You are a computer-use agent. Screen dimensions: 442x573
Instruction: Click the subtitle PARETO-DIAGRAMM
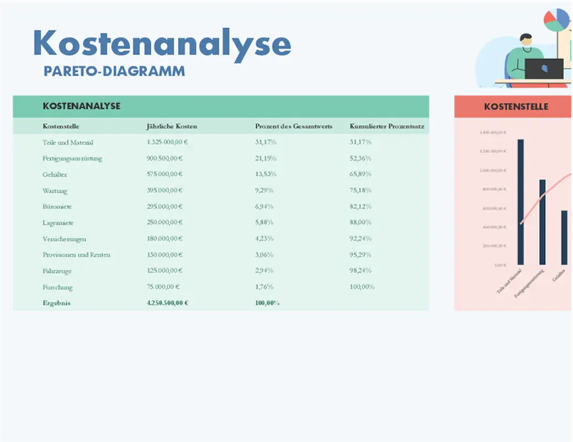click(x=114, y=71)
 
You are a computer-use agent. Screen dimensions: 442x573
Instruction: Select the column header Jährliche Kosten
click(x=172, y=127)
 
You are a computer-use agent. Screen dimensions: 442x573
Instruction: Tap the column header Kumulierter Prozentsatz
click(x=387, y=127)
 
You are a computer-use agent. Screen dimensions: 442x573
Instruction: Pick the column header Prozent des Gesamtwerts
click(x=294, y=127)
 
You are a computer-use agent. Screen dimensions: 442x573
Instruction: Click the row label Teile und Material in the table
click(x=68, y=143)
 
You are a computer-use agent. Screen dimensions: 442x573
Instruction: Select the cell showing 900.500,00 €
click(x=167, y=159)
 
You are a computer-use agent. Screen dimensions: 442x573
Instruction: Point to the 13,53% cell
click(x=266, y=175)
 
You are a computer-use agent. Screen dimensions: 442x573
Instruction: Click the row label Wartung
click(x=55, y=191)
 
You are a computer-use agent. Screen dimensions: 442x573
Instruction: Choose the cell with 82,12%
click(x=360, y=207)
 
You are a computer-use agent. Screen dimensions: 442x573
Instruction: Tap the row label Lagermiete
click(x=58, y=223)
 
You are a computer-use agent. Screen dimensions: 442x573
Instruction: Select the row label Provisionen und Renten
click(x=77, y=255)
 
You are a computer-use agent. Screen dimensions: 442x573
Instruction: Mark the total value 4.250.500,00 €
click(x=168, y=303)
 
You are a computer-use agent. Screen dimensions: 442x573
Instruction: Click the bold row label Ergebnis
click(x=57, y=303)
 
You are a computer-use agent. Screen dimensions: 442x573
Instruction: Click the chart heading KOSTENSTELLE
click(x=516, y=106)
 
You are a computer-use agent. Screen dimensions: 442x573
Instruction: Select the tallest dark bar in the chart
click(x=521, y=202)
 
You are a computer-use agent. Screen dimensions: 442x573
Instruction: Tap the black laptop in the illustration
click(x=544, y=69)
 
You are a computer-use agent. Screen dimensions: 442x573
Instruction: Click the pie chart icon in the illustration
click(x=556, y=20)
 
